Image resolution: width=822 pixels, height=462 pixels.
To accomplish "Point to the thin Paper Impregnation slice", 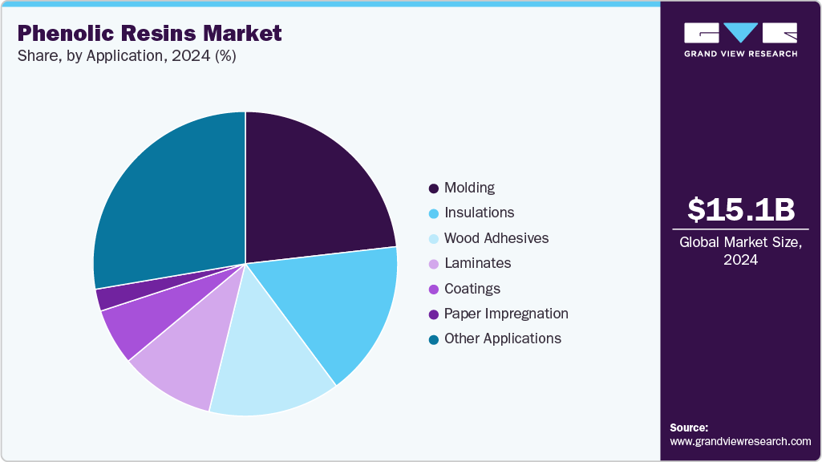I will point(108,297).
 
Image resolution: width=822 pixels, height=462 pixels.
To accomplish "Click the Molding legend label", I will point(469,188).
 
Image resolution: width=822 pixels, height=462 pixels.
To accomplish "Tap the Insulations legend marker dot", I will point(434,213).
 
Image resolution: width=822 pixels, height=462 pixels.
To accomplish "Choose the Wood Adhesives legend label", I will point(496,238).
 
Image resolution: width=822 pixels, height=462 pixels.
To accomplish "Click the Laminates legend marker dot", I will point(434,264).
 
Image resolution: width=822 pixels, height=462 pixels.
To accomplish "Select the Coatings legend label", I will point(472,289).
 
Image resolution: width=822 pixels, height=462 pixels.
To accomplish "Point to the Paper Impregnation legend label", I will point(505,314).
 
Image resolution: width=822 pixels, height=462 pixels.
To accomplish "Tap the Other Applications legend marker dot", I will point(434,339).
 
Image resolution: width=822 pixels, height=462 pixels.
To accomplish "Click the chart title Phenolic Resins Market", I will point(150,33).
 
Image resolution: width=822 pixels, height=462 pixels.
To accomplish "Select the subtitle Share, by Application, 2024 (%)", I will point(127,56).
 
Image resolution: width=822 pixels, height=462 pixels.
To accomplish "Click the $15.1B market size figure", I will point(741,209).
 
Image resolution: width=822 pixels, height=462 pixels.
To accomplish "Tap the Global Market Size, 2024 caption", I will point(741,251).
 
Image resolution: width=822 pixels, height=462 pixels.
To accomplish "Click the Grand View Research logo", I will point(740,39).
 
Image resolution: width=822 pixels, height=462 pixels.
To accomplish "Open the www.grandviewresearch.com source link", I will point(740,441).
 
